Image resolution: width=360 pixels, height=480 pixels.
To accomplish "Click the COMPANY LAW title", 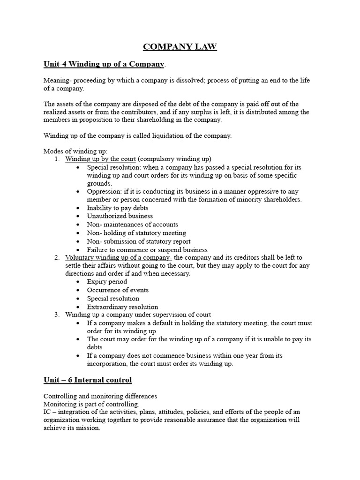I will coord(180,46).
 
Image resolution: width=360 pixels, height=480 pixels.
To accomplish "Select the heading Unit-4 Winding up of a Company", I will coord(104,64).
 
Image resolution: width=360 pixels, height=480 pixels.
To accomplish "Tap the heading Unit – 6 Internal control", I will coord(88,380).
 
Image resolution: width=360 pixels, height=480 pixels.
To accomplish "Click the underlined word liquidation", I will coord(168,136).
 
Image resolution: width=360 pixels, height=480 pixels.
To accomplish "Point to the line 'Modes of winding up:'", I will coord(75,151).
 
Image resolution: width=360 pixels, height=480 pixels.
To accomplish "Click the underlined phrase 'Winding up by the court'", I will coord(100,159).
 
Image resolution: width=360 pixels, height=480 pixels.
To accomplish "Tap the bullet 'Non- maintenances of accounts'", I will coord(133,225).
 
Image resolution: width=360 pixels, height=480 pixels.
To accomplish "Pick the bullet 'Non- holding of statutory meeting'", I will coord(136,233).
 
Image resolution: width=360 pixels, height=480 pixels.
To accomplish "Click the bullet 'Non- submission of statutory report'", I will coord(139,241).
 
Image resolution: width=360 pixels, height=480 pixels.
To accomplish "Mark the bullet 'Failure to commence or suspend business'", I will coord(147,250).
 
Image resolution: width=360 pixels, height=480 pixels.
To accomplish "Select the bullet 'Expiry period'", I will coord(107,282).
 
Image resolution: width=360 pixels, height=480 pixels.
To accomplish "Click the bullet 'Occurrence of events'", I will coord(117,290).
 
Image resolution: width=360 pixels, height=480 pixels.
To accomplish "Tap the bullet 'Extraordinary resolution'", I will coord(122,307).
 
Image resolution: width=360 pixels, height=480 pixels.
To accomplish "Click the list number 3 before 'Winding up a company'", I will coord(56,315).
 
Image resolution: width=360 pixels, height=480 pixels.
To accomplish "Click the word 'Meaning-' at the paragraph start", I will coord(57,81).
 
